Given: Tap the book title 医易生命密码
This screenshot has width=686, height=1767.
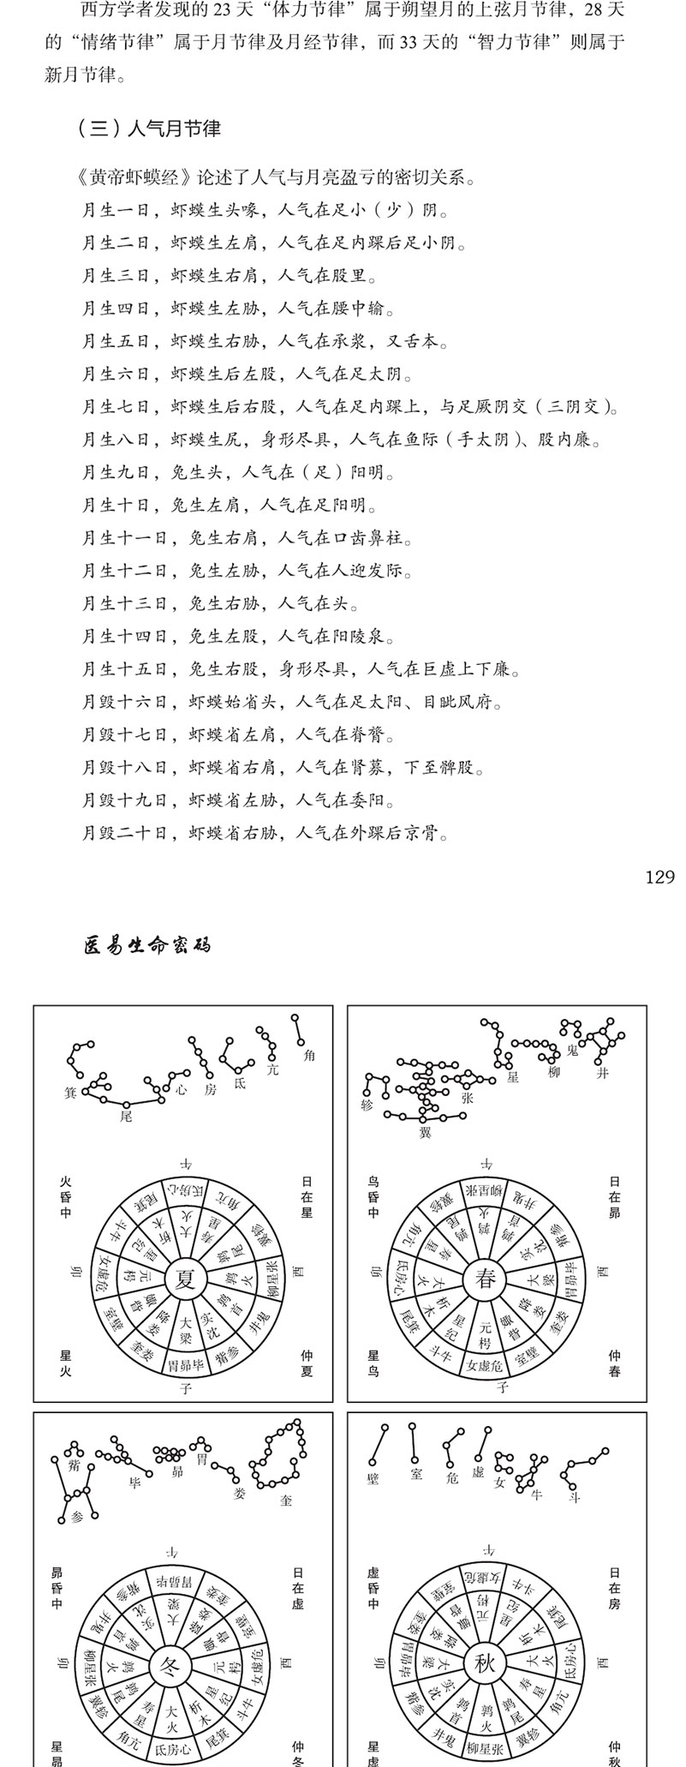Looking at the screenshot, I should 147,945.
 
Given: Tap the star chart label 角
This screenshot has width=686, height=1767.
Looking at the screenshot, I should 309,1056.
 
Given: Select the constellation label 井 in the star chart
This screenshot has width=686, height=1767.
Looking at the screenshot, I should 603,1072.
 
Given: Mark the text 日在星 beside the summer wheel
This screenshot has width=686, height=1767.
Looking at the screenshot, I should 307,1196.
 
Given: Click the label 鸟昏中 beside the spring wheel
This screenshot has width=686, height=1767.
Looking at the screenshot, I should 373,1196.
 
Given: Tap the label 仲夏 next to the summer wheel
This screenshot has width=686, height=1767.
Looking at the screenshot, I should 307,1363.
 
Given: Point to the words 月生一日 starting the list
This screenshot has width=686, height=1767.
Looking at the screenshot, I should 116,211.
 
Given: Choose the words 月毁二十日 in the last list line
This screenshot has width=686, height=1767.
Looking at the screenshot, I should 124,832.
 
